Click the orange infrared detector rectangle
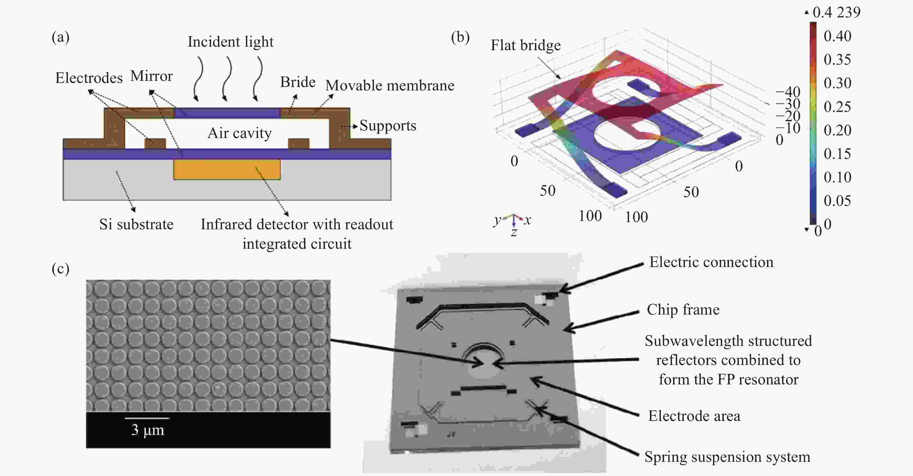[227, 169]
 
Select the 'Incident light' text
[230, 42]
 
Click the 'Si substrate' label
[137, 224]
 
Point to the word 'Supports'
[388, 126]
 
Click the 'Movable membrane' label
[390, 86]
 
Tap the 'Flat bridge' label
[525, 45]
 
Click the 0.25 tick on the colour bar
[837, 107]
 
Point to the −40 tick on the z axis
[788, 92]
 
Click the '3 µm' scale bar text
[148, 430]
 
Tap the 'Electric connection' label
[711, 262]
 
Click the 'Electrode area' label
[694, 416]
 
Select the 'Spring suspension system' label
[727, 457]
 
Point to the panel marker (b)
[460, 37]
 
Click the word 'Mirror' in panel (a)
[151, 76]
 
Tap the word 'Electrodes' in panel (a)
[89, 78]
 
